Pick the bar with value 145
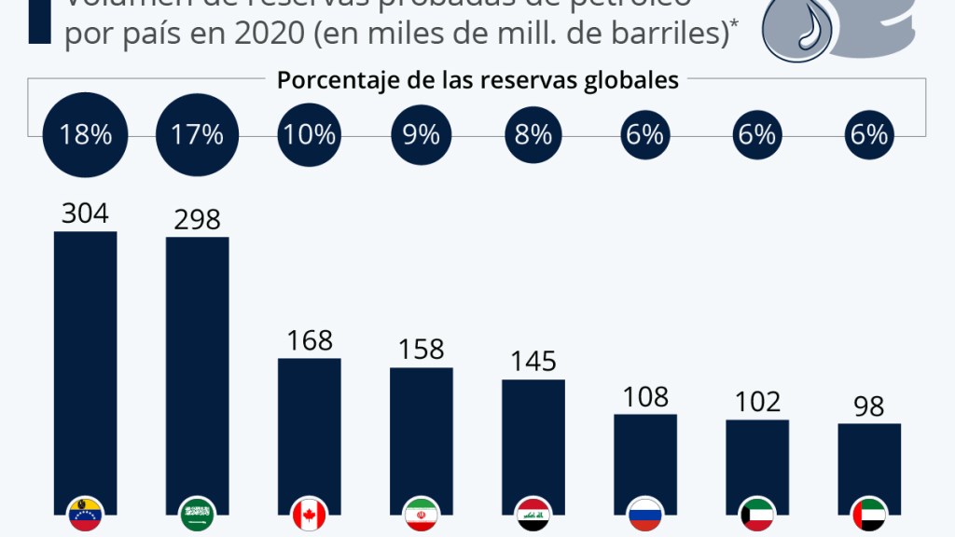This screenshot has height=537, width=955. pyautogui.click(x=533, y=438)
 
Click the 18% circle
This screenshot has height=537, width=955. pyautogui.click(x=85, y=135)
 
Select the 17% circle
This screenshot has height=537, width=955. pyautogui.click(x=197, y=135)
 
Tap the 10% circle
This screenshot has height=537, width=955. pyautogui.click(x=309, y=135)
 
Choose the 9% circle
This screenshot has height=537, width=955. pyautogui.click(x=421, y=135)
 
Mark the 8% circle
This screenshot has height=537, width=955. pyautogui.click(x=533, y=135)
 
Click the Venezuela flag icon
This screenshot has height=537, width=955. pyautogui.click(x=85, y=514)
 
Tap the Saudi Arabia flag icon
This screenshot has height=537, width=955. pyautogui.click(x=197, y=514)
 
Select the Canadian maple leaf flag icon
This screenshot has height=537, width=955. pyautogui.click(x=309, y=514)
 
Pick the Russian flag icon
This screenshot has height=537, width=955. pyautogui.click(x=644, y=514)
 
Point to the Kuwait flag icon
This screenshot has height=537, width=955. pyautogui.click(x=756, y=514)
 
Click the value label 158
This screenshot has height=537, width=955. pyautogui.click(x=421, y=350)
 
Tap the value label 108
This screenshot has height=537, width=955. pyautogui.click(x=644, y=396)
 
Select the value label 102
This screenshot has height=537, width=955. pyautogui.click(x=756, y=402)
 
